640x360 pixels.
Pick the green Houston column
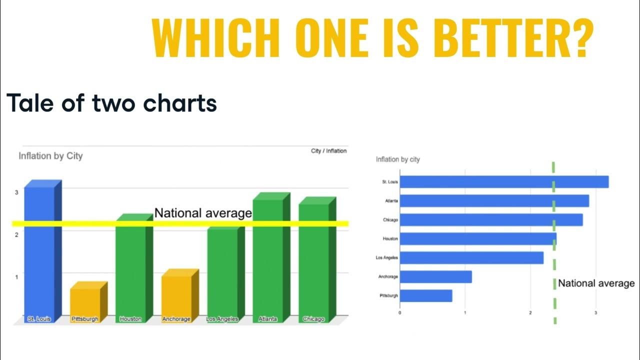(130, 270)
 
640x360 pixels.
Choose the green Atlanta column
(267, 260)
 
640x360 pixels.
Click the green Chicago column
(313, 262)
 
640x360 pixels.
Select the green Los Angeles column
(222, 275)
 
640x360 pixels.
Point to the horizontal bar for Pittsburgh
(426, 295)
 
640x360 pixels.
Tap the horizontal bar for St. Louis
(504, 181)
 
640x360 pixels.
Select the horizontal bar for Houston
(478, 238)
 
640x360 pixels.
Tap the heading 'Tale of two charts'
(112, 103)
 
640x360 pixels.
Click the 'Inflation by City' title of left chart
(50, 156)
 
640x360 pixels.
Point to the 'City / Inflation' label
(328, 150)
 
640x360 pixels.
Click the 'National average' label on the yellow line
(203, 213)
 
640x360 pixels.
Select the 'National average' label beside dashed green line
(596, 283)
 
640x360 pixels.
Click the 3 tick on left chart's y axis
(16, 192)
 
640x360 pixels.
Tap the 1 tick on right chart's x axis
(465, 313)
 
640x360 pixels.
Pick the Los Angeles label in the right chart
(387, 257)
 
